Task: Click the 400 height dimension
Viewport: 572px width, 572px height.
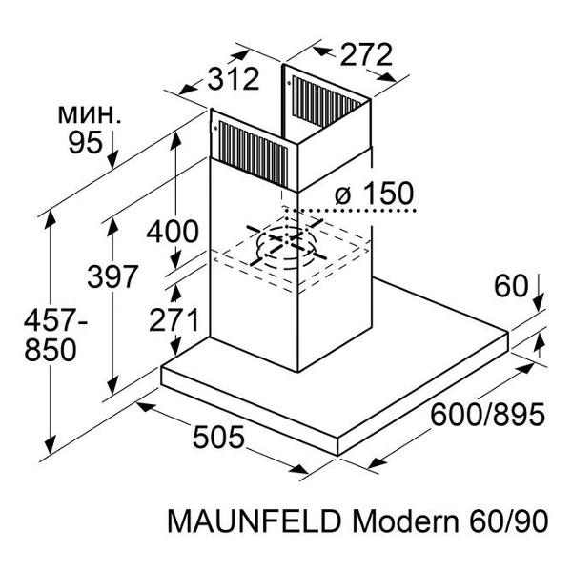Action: [173, 231]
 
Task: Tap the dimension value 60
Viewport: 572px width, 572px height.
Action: [511, 285]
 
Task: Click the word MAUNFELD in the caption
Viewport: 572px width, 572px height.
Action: [255, 523]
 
